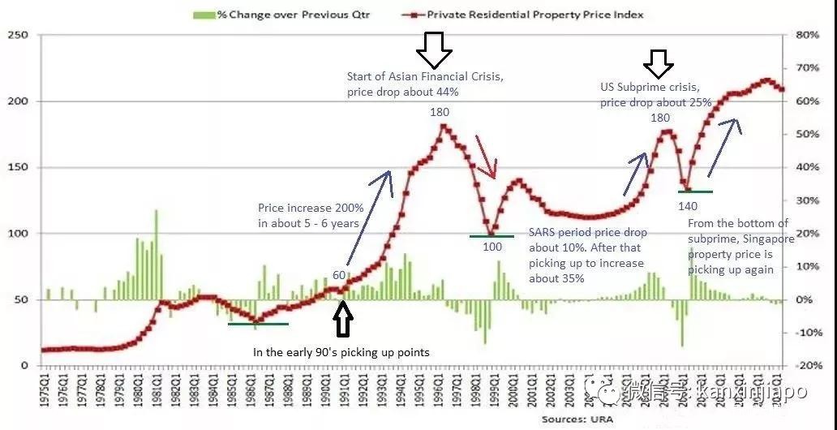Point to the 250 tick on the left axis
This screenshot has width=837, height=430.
point(18,35)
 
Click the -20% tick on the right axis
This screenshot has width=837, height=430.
point(809,366)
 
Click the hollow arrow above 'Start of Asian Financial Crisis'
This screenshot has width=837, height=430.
point(434,50)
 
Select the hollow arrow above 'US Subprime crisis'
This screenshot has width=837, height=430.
point(659,63)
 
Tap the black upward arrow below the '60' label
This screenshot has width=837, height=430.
point(343,320)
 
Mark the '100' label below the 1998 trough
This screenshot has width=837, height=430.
point(492,247)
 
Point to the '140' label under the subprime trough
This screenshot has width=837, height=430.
point(687,205)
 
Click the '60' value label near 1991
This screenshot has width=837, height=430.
point(339,275)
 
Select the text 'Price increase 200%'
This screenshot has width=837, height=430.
point(310,208)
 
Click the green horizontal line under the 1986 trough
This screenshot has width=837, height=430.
point(258,324)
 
